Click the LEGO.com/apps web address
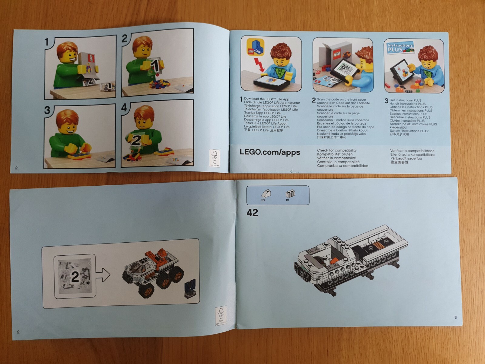[270, 152]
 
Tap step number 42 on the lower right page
[252, 213]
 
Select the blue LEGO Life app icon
[255, 47]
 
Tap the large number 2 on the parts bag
[75, 277]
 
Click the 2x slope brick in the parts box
[266, 194]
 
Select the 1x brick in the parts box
[290, 194]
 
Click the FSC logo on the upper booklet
[215, 157]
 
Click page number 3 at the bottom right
[455, 318]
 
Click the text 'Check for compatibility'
[336, 150]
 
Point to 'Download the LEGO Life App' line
[266, 99]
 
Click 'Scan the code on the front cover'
[341, 99]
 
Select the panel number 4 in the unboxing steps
[124, 108]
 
